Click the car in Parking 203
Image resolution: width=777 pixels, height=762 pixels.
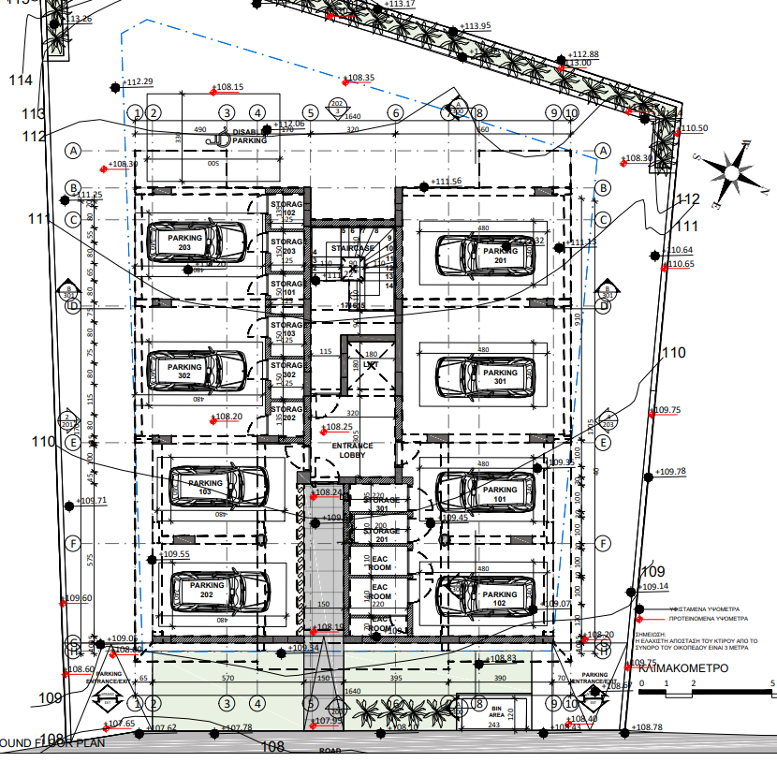[198, 242]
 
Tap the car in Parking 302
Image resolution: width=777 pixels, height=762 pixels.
[198, 372]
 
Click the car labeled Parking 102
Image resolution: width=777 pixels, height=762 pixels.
[485, 596]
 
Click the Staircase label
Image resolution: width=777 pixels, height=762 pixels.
[351, 248]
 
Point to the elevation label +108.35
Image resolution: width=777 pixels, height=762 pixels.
[360, 78]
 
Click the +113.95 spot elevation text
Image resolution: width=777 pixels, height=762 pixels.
[476, 25]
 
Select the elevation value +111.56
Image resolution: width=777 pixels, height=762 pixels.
[447, 181]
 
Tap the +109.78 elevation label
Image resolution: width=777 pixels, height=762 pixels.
[669, 472]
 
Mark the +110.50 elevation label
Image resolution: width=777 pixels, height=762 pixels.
[694, 128]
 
